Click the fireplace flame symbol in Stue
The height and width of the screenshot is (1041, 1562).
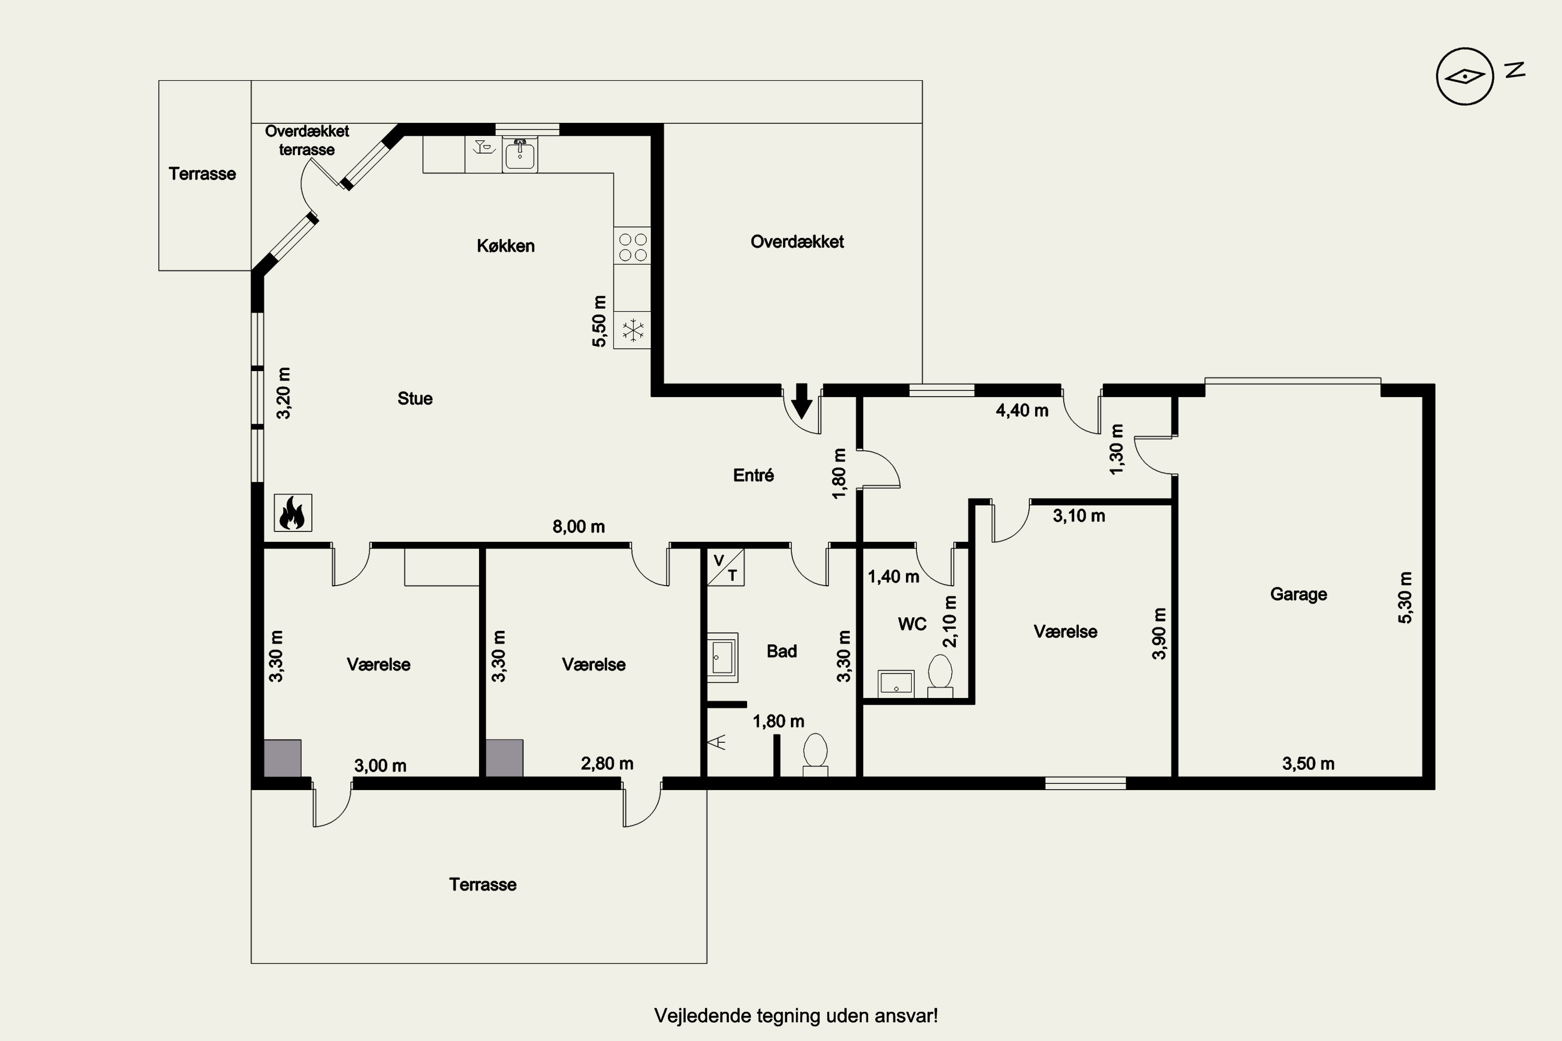(293, 513)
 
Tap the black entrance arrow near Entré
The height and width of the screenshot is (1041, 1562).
(802, 401)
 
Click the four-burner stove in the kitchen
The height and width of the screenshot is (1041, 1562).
(632, 246)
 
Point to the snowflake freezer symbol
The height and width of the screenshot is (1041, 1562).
(632, 330)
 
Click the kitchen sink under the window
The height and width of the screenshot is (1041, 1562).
(520, 155)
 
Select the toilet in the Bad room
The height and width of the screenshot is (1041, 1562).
(815, 755)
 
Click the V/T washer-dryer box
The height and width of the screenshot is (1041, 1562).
(725, 567)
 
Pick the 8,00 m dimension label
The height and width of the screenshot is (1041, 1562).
(578, 526)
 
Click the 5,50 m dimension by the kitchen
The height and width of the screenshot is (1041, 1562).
(599, 321)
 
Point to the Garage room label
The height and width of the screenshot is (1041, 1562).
(1299, 594)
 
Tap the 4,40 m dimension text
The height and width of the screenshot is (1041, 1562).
(1022, 410)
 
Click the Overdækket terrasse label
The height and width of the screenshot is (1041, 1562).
(307, 140)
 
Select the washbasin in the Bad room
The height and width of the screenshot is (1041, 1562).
(722, 658)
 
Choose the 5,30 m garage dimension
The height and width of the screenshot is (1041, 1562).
(1405, 598)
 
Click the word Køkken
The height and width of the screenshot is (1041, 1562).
(506, 246)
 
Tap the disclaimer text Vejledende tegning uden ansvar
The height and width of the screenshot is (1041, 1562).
(796, 1016)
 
